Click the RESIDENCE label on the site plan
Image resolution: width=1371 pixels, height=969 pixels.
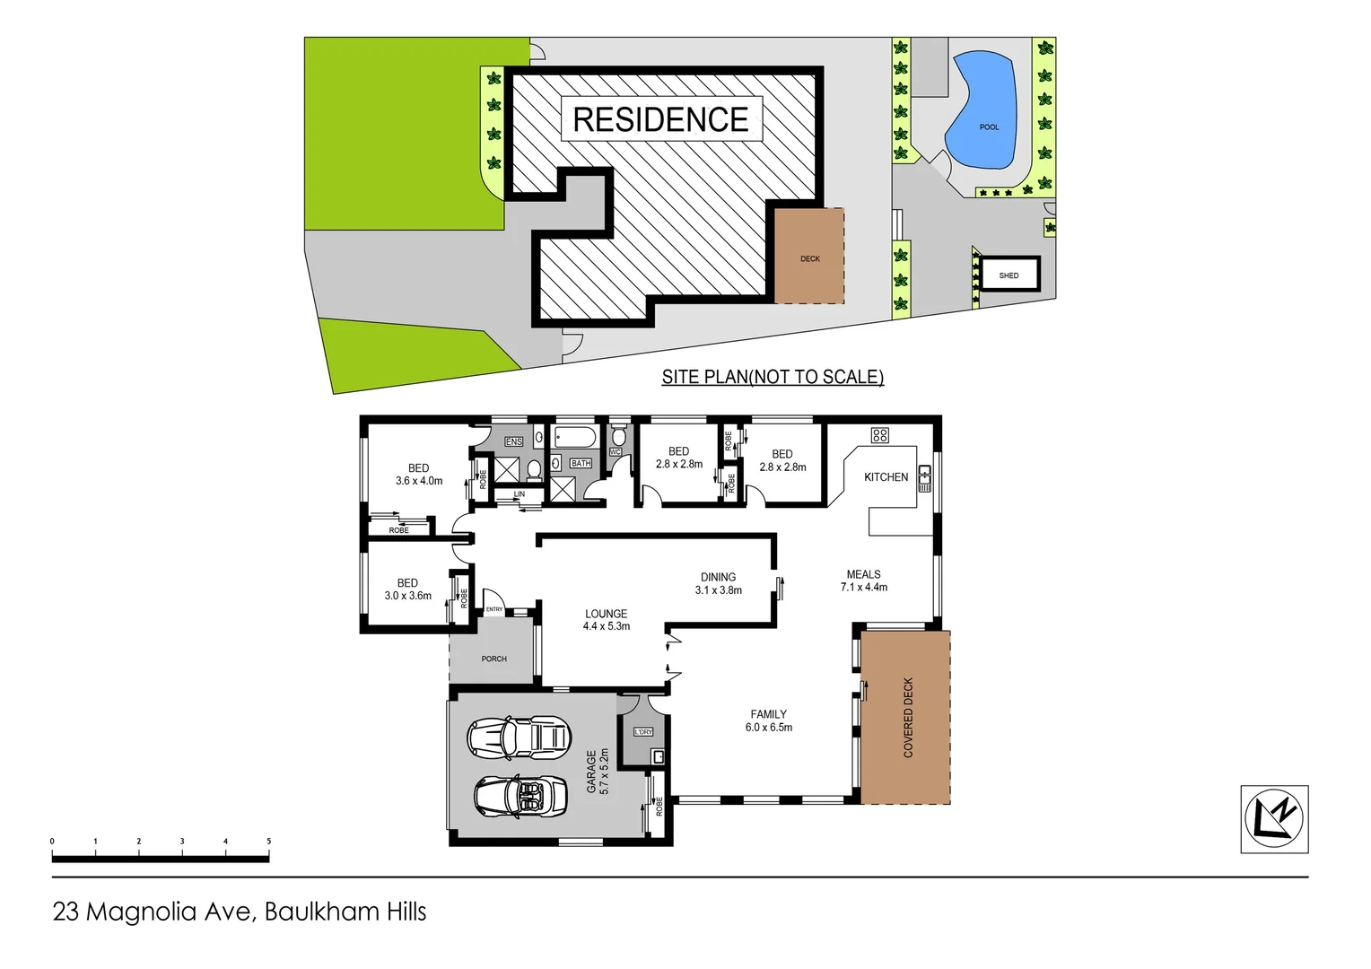pyautogui.click(x=660, y=119)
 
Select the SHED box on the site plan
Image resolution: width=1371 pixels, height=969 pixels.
pyautogui.click(x=1009, y=275)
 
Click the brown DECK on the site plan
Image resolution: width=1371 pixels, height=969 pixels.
pyautogui.click(x=809, y=257)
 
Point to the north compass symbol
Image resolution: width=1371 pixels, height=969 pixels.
pyautogui.click(x=1274, y=818)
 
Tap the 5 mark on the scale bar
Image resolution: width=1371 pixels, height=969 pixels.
pyautogui.click(x=268, y=842)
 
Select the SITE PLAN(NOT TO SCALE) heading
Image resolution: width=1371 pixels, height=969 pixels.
pyautogui.click(x=773, y=377)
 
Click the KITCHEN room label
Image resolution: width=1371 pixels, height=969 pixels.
pyautogui.click(x=886, y=477)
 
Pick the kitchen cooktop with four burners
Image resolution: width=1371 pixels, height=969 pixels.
pyautogui.click(x=879, y=435)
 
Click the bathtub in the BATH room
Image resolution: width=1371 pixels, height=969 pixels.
pyautogui.click(x=575, y=438)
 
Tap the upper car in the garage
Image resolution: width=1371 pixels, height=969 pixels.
pyautogui.click(x=519, y=737)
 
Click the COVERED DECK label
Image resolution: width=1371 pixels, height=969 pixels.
pyautogui.click(x=908, y=718)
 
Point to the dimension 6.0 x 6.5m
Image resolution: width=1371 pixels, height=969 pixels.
pyautogui.click(x=768, y=728)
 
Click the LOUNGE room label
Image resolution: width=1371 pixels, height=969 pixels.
pyautogui.click(x=606, y=615)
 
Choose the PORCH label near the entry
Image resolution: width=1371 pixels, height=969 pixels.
pyautogui.click(x=493, y=659)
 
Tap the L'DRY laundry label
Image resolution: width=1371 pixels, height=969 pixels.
pyautogui.click(x=643, y=732)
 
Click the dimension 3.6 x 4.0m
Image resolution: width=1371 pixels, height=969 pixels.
pyautogui.click(x=419, y=481)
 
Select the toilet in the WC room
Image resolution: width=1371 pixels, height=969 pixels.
pyautogui.click(x=619, y=437)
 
